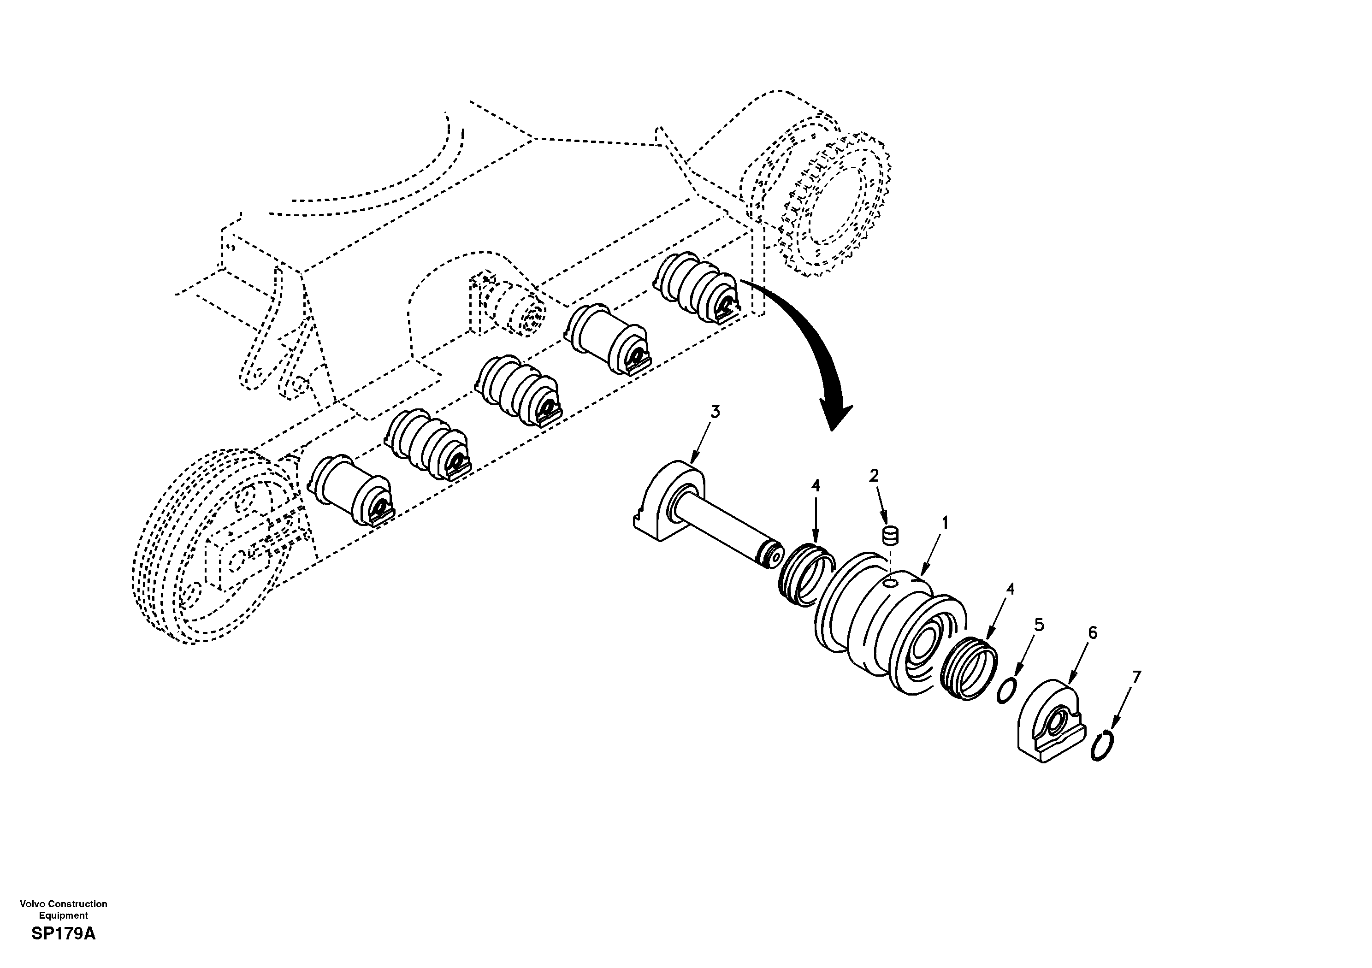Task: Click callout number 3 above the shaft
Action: click(x=716, y=412)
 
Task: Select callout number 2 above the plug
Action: click(x=874, y=476)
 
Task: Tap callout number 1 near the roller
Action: click(x=945, y=524)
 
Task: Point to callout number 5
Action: click(x=1039, y=625)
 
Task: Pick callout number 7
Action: click(x=1136, y=677)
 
